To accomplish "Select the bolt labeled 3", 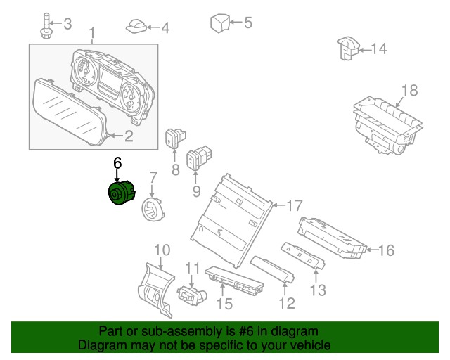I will click(x=46, y=26).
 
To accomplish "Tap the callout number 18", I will click(x=409, y=90).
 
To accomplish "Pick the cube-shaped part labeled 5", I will click(x=221, y=23).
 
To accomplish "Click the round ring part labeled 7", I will click(x=151, y=210).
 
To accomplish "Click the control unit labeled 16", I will click(x=330, y=239).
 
